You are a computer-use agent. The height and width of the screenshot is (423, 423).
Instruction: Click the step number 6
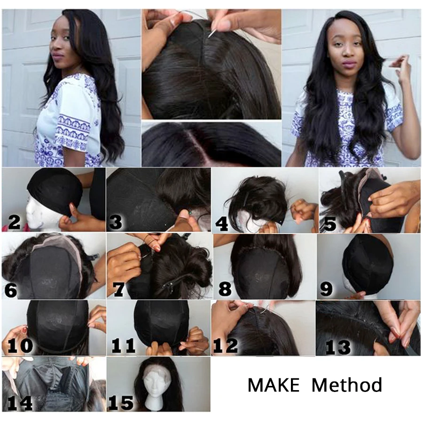point(10,290)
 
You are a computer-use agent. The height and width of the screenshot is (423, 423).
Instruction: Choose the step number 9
point(326,288)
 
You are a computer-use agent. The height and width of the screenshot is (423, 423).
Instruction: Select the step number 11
point(123,346)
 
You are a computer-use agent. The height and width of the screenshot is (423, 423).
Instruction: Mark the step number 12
point(225,346)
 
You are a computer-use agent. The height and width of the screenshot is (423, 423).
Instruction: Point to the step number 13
point(337,347)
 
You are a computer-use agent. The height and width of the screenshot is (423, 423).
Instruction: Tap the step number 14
point(19,403)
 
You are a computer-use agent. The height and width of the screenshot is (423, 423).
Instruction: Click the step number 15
point(121,402)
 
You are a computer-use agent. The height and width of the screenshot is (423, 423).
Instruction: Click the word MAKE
point(273,385)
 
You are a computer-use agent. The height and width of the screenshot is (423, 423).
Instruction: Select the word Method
point(347,385)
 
